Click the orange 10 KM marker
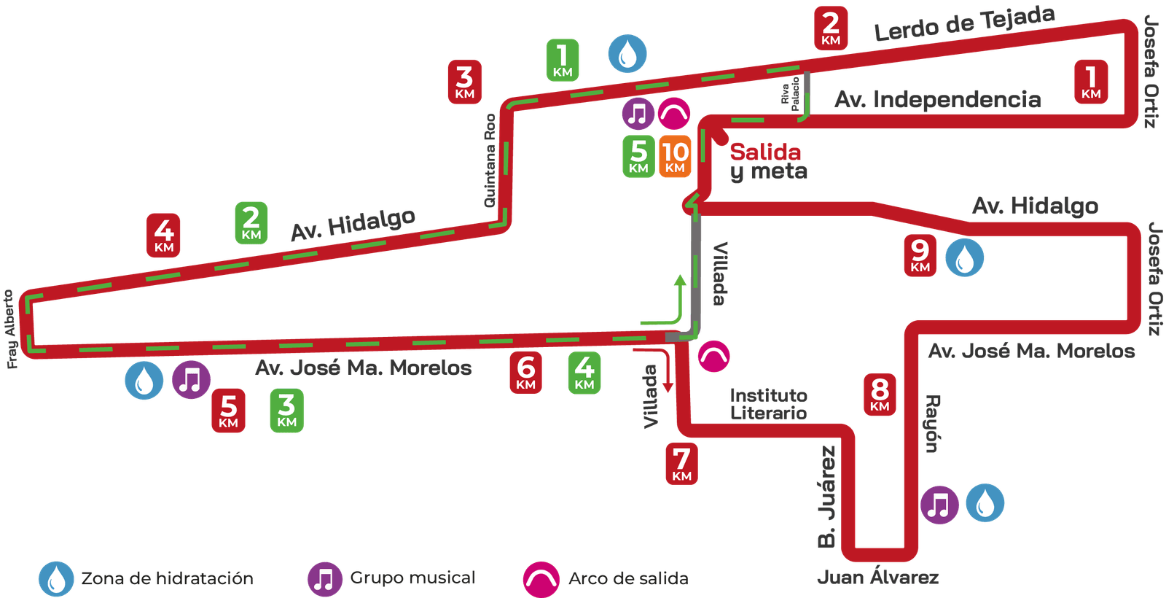pyautogui.click(x=675, y=157)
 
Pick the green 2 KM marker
pyautogui.click(x=251, y=223)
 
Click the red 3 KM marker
pyautogui.click(x=464, y=82)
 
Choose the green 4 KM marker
pyautogui.click(x=584, y=373)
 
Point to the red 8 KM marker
pyautogui.click(x=880, y=395)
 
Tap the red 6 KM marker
pyautogui.click(x=525, y=373)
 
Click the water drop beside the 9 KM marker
pyautogui.click(x=965, y=257)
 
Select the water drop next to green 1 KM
pyautogui.click(x=627, y=53)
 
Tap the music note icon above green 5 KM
pyautogui.click(x=638, y=114)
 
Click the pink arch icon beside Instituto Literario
pyautogui.click(x=713, y=356)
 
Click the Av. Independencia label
pyautogui.click(x=938, y=99)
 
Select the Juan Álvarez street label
pyautogui.click(x=878, y=578)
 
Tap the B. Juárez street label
pyautogui.click(x=826, y=496)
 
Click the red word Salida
pyautogui.click(x=765, y=152)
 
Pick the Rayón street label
pyautogui.click(x=933, y=423)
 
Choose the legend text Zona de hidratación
pyautogui.click(x=167, y=578)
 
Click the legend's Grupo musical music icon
pyautogui.click(x=324, y=579)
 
